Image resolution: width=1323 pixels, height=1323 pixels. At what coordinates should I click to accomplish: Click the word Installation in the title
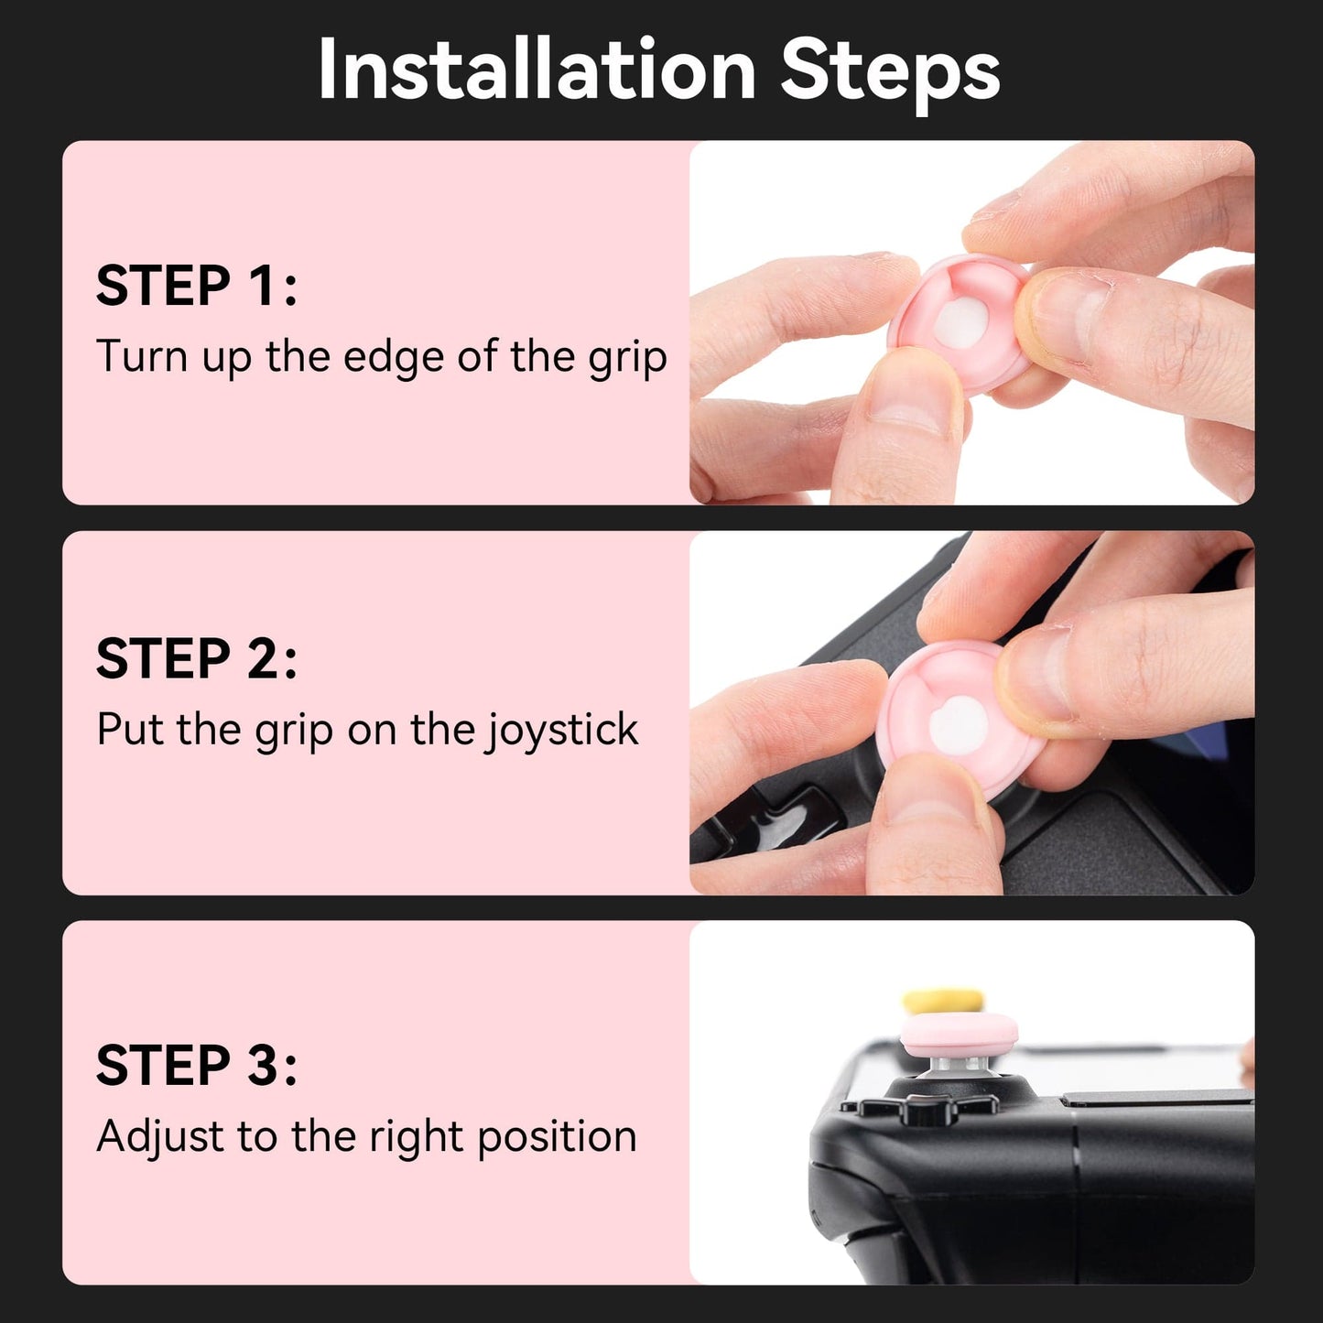pos(536,70)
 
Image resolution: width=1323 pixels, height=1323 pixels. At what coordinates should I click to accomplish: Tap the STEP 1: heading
pos(197,286)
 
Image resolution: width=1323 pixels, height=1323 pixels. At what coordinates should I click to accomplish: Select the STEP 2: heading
pos(197,658)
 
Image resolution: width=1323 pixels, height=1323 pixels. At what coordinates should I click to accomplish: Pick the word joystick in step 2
pos(562,731)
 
